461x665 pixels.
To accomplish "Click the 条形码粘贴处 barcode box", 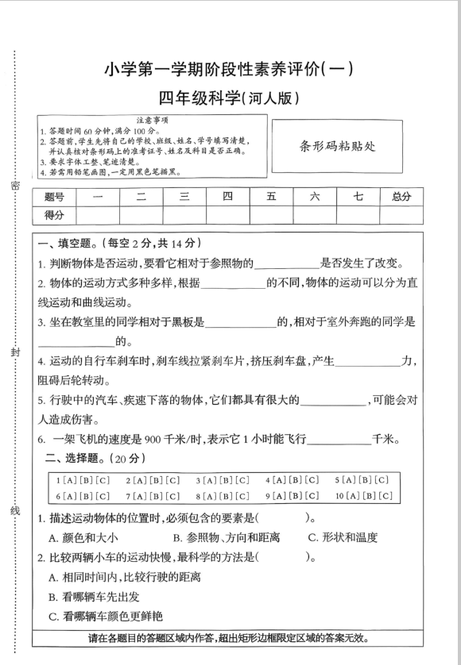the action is pos(337,145).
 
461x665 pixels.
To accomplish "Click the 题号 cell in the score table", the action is pos(54,197).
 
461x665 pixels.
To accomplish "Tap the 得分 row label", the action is pos(54,215).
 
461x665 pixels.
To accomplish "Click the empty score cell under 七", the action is pos(358,215).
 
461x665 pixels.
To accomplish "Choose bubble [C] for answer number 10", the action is pos(385,496).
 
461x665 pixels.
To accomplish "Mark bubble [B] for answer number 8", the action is pos(297,496).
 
